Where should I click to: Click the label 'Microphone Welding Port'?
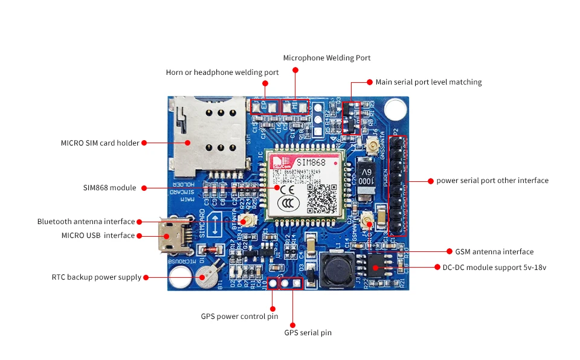pyautogui.click(x=327, y=58)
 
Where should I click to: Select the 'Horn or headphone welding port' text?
pyautogui.click(x=222, y=72)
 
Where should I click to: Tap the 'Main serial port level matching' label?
pyautogui.click(x=428, y=82)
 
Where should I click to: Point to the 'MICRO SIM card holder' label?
pyautogui.click(x=100, y=143)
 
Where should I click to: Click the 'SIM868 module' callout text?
pyautogui.click(x=109, y=188)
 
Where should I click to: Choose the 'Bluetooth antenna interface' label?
pyautogui.click(x=86, y=222)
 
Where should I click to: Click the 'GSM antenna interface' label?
pyautogui.click(x=490, y=251)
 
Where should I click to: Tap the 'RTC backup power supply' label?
pyautogui.click(x=96, y=277)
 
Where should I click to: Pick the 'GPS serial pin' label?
pyautogui.click(x=308, y=333)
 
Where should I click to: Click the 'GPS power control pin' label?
pyautogui.click(x=239, y=317)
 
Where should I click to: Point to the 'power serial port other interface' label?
pyautogui.click(x=492, y=181)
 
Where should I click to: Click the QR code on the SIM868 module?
pyautogui.click(x=321, y=198)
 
